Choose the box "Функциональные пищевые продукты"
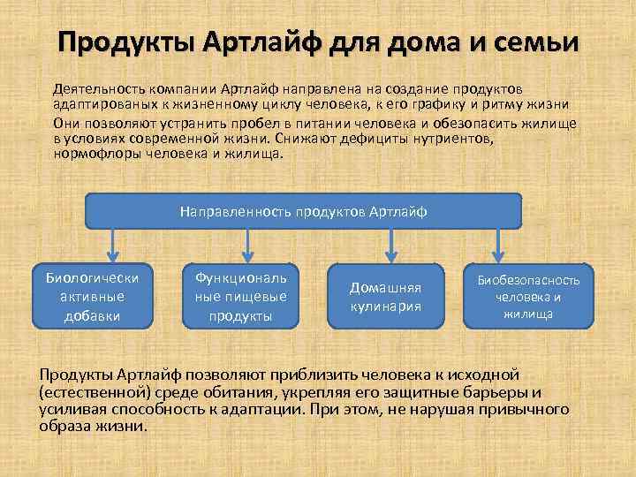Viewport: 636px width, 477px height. click(242, 295)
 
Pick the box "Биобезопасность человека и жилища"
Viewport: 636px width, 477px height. click(528, 297)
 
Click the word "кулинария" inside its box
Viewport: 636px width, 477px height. click(384, 307)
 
